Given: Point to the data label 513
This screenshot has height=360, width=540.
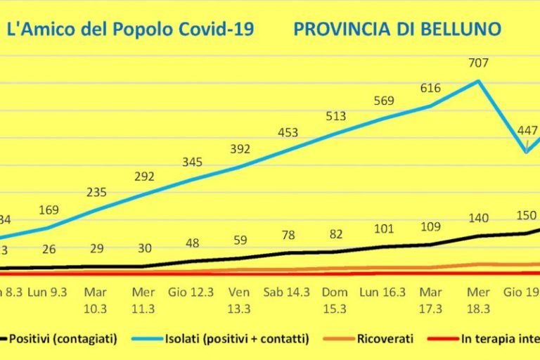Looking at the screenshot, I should [336, 117].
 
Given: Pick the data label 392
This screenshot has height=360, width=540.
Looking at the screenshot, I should [240, 148].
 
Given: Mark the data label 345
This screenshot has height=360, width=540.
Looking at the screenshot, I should [192, 162].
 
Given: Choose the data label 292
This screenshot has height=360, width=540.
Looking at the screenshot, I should [143, 177].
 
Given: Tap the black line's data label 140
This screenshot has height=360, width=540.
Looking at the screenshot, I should [478, 218].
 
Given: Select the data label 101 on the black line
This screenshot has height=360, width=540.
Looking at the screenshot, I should [384, 229].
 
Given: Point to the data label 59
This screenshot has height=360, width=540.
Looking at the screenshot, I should [240, 240].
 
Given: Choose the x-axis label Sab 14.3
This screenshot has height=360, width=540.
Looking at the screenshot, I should [288, 291].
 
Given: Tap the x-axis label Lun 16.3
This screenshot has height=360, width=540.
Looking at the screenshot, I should [384, 291].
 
